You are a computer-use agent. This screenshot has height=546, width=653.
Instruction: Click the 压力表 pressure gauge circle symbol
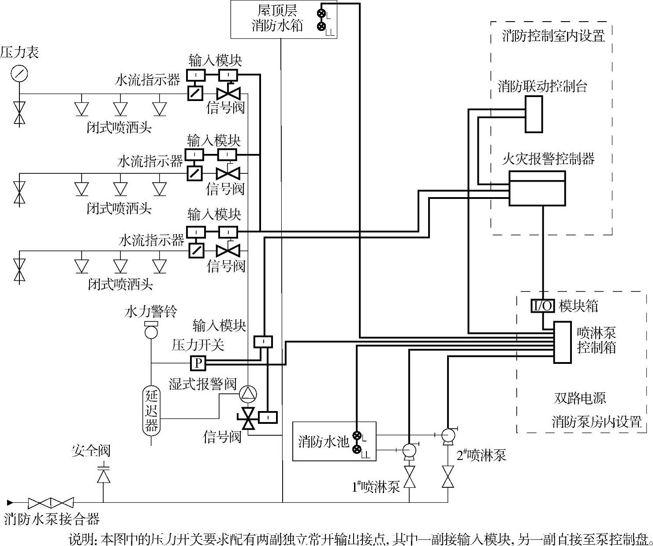[19, 73]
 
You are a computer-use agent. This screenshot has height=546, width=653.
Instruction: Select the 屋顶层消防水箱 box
[284, 19]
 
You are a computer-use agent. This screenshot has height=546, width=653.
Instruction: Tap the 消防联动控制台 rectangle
[534, 114]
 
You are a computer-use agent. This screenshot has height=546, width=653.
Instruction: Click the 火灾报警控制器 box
[537, 188]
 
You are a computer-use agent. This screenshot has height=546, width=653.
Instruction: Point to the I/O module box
[542, 306]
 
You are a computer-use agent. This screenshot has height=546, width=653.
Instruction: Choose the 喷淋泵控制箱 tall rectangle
[562, 342]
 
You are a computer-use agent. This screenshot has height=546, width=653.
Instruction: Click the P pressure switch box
[198, 363]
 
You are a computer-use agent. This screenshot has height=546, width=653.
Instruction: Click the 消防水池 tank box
[334, 441]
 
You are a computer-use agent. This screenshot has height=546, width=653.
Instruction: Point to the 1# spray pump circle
[409, 450]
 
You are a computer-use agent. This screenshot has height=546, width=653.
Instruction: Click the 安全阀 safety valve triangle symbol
[104, 476]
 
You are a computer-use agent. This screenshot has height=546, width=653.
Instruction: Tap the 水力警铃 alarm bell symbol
[151, 329]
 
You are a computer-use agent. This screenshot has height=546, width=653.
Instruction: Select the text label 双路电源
[579, 398]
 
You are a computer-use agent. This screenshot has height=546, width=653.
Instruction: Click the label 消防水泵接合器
[52, 519]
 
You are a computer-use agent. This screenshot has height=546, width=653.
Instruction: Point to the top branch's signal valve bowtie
[228, 93]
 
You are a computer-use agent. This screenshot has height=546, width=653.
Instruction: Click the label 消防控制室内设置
[553, 36]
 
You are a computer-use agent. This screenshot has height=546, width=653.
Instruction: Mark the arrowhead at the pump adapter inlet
[10, 502]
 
